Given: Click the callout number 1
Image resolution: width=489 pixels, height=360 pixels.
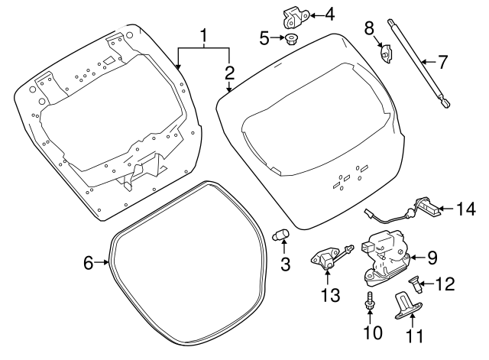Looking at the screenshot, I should click(x=204, y=35).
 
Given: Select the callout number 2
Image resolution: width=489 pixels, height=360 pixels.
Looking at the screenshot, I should click(x=229, y=73).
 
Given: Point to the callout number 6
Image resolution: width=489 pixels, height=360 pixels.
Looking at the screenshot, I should click(x=88, y=263).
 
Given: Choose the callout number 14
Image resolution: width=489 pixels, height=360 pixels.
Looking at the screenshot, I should click(x=465, y=207).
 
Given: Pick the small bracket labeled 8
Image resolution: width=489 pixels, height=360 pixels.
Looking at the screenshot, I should click(x=387, y=54).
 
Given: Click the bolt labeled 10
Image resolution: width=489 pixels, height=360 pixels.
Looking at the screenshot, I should click(x=370, y=301).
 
